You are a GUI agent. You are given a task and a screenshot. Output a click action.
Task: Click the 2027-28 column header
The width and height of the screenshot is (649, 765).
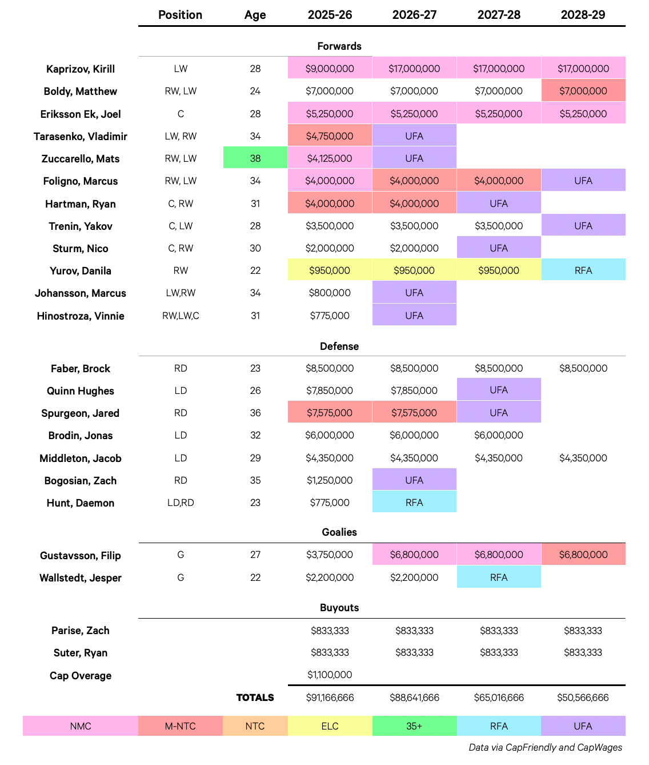click(x=499, y=15)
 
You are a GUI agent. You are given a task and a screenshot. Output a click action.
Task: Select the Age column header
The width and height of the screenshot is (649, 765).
click(x=255, y=15)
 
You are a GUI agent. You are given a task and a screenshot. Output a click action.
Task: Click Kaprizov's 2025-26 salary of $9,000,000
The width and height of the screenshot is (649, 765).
click(x=330, y=69)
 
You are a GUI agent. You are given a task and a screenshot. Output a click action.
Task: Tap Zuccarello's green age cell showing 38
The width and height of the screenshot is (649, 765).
click(x=255, y=158)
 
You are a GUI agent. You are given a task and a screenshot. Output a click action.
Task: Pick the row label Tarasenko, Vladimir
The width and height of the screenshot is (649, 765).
click(x=81, y=136)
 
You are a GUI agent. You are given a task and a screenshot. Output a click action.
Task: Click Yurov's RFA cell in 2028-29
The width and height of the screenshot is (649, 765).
click(x=583, y=270)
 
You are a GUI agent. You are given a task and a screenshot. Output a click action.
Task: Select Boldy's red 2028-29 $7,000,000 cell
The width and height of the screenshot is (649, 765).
click(x=583, y=91)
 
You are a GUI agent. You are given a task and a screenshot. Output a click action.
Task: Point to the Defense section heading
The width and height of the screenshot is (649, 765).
click(x=339, y=346)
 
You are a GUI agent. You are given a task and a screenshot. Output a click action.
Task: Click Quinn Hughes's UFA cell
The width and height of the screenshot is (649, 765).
click(x=499, y=390)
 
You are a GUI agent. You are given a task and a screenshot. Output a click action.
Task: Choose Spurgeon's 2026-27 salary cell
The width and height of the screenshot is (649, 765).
click(x=414, y=413)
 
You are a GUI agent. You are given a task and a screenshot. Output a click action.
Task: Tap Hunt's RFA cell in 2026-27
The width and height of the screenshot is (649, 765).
click(x=414, y=503)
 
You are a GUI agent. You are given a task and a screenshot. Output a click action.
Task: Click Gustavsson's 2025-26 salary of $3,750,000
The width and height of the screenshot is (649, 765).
click(x=330, y=555)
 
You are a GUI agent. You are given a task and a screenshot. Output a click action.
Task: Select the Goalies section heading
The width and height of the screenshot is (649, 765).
click(x=339, y=532)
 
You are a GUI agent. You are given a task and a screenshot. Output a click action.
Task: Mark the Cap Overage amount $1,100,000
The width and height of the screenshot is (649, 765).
click(x=330, y=675)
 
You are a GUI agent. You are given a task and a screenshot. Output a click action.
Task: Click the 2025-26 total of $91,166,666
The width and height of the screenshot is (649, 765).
click(x=330, y=698)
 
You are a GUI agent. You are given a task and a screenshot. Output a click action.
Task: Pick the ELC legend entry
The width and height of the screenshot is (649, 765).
click(x=330, y=726)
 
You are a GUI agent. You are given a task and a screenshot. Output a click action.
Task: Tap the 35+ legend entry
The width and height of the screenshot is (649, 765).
click(x=414, y=726)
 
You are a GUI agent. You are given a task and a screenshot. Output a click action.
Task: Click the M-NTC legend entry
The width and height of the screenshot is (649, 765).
click(x=181, y=726)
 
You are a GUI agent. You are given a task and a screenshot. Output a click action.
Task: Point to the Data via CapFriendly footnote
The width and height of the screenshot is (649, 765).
click(x=545, y=747)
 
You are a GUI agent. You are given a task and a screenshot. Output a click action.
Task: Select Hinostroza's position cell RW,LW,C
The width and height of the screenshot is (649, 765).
click(x=181, y=316)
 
